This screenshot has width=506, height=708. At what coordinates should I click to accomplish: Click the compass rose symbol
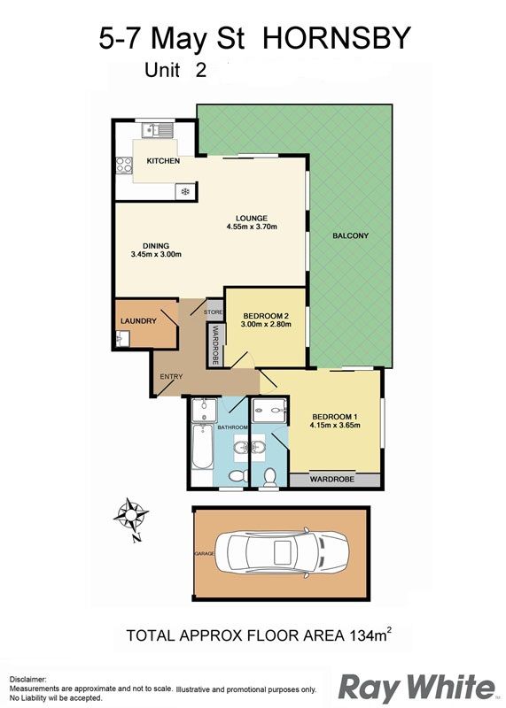130,516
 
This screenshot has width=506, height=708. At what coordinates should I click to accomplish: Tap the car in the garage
282,553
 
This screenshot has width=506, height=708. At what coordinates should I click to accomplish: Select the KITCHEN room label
163,161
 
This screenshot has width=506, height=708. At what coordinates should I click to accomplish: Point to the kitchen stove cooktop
124,165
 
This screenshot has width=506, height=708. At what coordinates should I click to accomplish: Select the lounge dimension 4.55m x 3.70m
252,227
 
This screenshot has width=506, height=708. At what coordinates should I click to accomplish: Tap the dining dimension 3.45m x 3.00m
156,254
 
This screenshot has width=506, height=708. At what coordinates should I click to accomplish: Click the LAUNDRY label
138,321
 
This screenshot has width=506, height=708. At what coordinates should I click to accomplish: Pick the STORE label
213,312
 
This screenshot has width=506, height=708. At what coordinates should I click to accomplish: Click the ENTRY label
171,377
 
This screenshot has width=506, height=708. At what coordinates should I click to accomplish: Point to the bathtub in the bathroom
202,447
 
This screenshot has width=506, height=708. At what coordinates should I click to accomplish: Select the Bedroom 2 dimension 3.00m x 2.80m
266,324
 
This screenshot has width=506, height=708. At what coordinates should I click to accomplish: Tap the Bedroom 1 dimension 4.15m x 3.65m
335,425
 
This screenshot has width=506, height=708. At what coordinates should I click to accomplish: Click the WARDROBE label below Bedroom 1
332,479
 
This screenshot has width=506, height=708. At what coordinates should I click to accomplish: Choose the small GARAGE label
205,554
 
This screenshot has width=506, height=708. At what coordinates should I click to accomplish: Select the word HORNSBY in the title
337,38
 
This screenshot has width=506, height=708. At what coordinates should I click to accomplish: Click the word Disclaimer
27,679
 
